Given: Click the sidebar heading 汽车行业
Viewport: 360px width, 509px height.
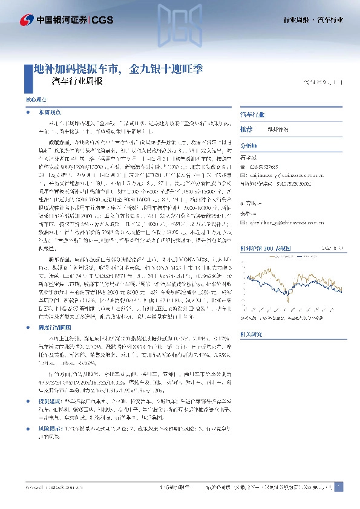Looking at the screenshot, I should pyautogui.click(x=252, y=114).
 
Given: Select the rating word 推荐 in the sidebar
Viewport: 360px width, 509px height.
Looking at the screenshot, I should pyautogui.click(x=246, y=129).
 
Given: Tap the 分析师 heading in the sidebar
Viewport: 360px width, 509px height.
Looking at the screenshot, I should pyautogui.click(x=249, y=146).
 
